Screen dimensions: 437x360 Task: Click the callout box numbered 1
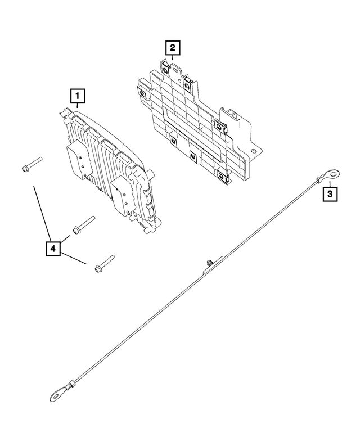(x=78, y=96)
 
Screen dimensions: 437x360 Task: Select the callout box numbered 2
(x=173, y=47)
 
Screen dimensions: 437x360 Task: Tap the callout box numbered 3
(x=330, y=195)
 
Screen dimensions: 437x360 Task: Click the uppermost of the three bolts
(x=30, y=164)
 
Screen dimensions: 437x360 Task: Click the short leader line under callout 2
(x=173, y=57)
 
